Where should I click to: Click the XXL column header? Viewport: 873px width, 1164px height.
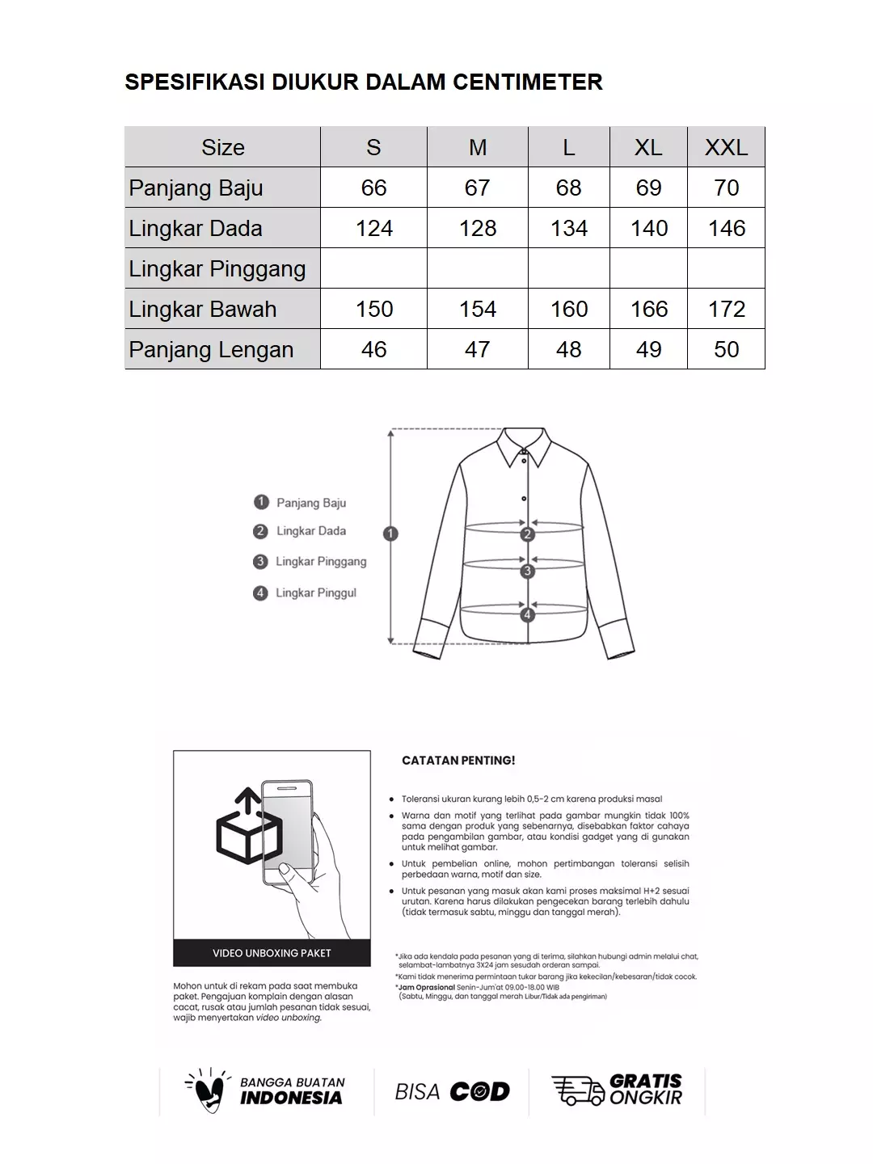coord(726,147)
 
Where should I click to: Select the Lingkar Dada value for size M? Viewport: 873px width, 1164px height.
coord(478,228)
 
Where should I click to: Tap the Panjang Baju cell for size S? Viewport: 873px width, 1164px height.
coord(373,188)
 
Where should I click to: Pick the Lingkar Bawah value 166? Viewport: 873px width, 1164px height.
coord(648,309)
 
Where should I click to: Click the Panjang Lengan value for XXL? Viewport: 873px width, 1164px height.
coord(726,349)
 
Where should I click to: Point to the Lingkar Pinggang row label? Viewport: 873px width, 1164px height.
coord(217,268)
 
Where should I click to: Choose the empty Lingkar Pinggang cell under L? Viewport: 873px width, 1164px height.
coord(569,268)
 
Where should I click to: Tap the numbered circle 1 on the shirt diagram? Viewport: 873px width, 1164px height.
coord(390,533)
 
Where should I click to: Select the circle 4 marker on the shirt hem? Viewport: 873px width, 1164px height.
coord(528,614)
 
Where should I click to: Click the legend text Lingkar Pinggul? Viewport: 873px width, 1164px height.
coord(315,593)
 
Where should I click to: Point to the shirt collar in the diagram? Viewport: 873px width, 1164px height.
coord(524,446)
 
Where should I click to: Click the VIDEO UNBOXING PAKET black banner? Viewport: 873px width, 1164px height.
coord(272,953)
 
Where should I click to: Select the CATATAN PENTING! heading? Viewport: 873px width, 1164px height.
coord(458,761)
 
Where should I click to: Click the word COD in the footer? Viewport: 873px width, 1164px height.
coord(479,1092)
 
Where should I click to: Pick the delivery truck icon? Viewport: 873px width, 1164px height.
coord(577,1090)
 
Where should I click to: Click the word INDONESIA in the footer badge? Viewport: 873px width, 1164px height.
coord(291,1098)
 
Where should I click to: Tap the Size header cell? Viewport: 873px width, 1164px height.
coord(222,147)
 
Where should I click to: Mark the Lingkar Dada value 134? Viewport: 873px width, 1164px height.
coord(569,228)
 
